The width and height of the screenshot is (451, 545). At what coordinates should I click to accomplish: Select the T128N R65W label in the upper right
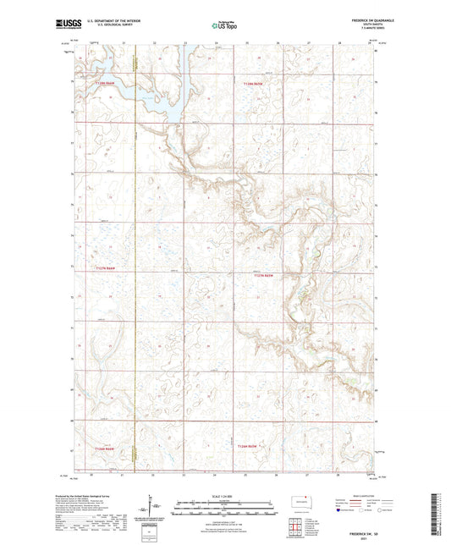tap(254, 84)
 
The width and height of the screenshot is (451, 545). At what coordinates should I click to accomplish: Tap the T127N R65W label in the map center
tap(265, 274)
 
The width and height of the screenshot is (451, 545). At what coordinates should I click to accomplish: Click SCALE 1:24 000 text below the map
tap(224, 496)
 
